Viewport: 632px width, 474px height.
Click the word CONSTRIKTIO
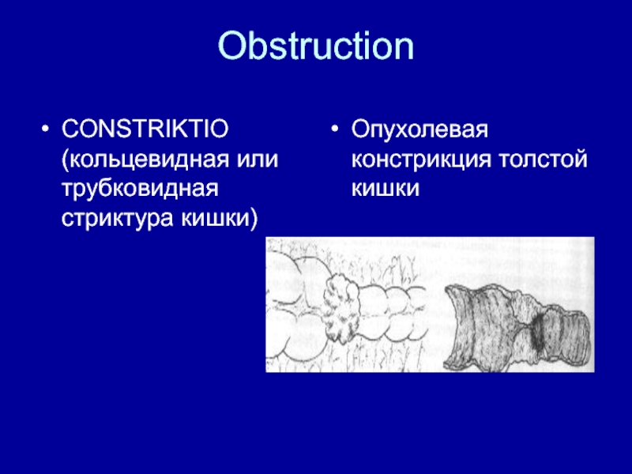click(x=145, y=129)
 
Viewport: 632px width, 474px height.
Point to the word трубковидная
click(x=140, y=189)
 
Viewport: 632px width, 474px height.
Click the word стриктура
click(x=118, y=219)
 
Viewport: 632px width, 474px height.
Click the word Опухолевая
click(x=419, y=130)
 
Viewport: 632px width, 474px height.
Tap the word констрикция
click(x=421, y=160)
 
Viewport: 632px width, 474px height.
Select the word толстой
click(x=543, y=160)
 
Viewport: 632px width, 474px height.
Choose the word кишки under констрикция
click(x=386, y=189)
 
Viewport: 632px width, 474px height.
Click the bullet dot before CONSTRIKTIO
click(x=45, y=130)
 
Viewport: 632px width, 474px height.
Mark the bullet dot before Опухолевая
click(x=334, y=130)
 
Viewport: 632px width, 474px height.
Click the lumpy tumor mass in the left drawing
click(x=341, y=307)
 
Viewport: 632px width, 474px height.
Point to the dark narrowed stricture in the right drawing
click(x=537, y=330)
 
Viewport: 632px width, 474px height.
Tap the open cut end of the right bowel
click(x=456, y=326)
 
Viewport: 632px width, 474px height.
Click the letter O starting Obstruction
click(x=232, y=46)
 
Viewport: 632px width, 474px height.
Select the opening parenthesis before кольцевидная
click(x=65, y=160)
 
